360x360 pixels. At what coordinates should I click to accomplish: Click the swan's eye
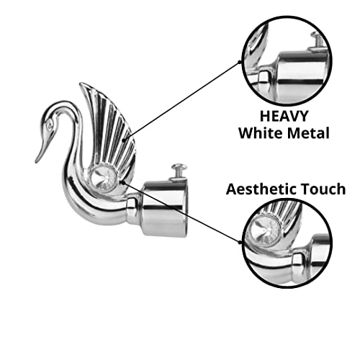50,125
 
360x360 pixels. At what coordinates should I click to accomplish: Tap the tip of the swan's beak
37,162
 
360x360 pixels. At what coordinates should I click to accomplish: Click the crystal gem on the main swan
104,178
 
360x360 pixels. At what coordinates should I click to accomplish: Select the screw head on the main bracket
179,166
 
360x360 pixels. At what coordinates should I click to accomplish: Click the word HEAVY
284,116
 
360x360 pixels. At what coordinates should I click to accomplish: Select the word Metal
309,133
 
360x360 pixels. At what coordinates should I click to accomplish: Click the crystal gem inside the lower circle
264,230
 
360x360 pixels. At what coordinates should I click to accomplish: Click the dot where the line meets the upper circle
240,62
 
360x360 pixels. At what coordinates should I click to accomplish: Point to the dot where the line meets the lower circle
240,242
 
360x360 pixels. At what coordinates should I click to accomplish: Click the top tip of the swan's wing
81,84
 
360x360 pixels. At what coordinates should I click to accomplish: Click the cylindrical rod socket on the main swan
164,208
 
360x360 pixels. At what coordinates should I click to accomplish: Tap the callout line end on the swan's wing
124,140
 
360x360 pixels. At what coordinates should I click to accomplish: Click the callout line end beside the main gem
123,183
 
